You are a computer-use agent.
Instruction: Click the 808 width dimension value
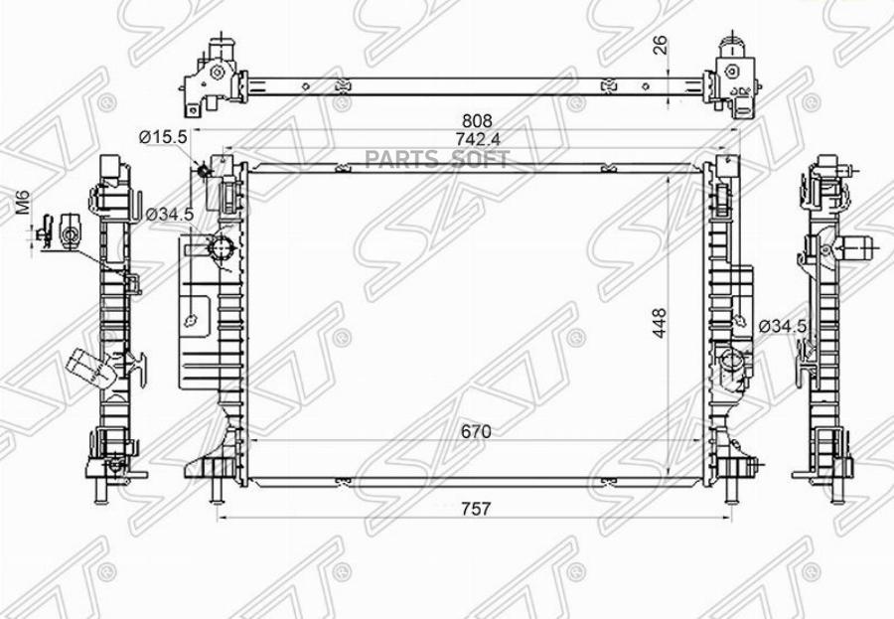(477, 121)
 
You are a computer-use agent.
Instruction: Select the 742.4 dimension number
(478, 139)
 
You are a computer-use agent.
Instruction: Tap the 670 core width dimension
(476, 432)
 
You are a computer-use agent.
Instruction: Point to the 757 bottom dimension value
(476, 509)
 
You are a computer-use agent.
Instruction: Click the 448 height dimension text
(660, 323)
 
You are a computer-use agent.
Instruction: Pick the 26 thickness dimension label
(660, 45)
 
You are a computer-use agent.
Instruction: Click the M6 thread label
(23, 203)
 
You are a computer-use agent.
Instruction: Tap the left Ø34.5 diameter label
(169, 215)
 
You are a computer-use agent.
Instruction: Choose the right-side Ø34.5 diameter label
(783, 326)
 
